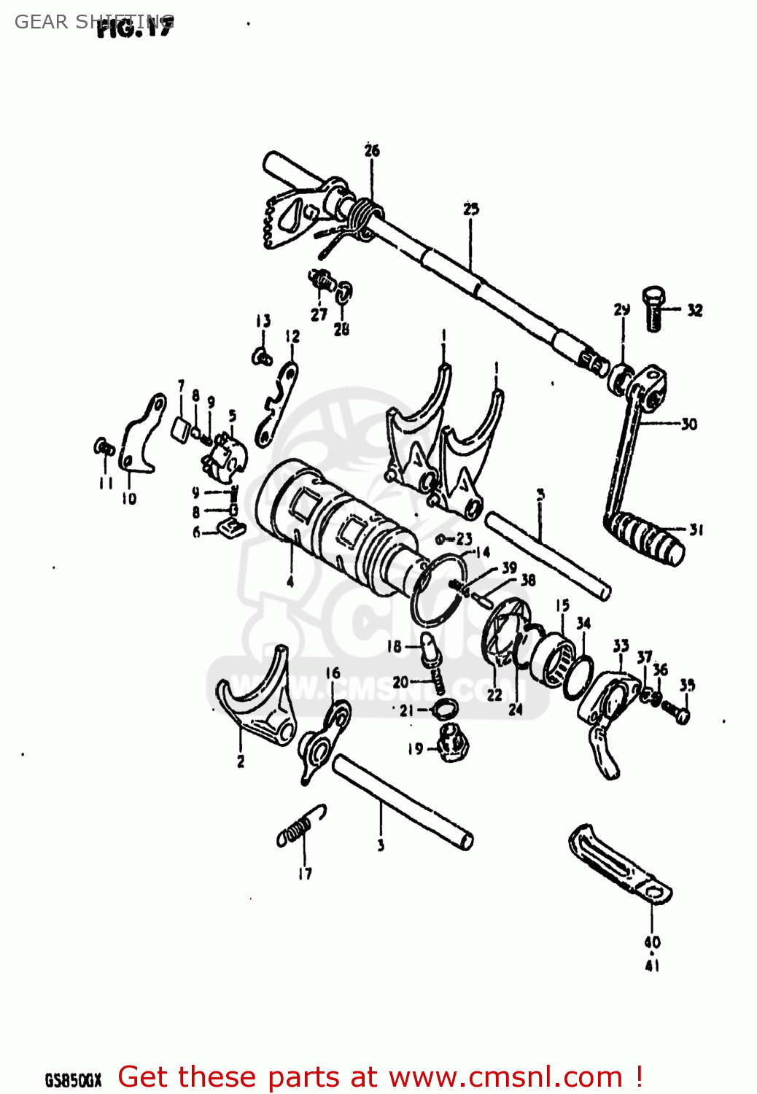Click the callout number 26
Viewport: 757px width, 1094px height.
coord(372,151)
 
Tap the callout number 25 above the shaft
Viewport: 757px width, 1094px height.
coord(471,209)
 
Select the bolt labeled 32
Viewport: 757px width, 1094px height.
coord(653,309)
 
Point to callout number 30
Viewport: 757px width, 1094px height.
coord(688,424)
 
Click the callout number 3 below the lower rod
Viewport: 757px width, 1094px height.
coord(381,845)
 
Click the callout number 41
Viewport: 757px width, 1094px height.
coord(652,965)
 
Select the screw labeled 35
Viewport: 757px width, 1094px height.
coord(679,712)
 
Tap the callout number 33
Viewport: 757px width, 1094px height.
coord(621,645)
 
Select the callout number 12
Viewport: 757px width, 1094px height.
coord(292,336)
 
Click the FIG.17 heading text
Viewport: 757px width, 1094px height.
coord(136,27)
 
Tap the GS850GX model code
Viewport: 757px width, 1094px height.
coord(73,1080)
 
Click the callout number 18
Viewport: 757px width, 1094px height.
coord(395,646)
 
